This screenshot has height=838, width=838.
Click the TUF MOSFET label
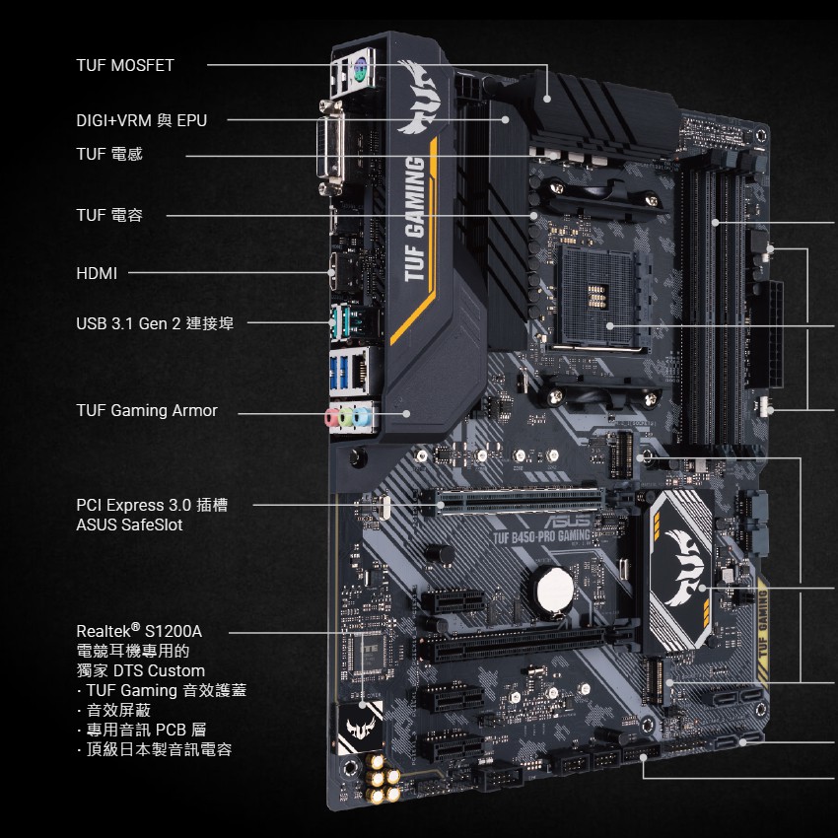125,65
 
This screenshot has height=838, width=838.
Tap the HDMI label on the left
97,273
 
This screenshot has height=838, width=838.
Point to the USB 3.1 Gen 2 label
155,322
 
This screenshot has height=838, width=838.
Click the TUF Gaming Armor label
147,410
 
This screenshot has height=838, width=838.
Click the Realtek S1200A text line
139,630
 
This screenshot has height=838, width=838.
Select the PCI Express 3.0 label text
152,505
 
